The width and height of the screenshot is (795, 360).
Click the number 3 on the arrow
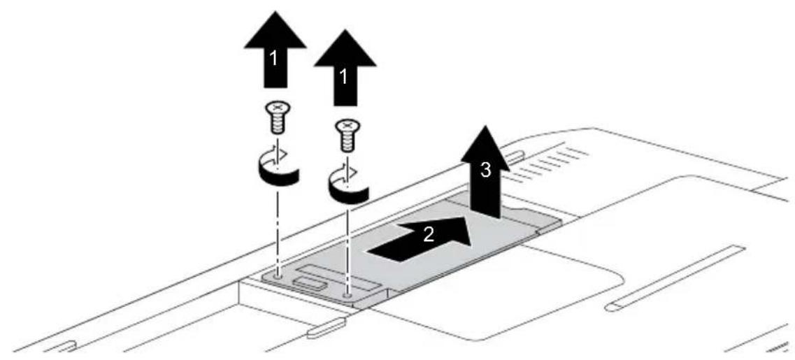485,171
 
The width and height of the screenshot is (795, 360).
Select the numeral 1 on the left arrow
274,59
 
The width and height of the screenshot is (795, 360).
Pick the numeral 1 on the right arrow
345,77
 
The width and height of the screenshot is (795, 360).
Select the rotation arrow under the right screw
348,184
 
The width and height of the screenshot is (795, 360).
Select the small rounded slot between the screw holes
309,281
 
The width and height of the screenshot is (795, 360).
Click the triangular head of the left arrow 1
275,31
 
